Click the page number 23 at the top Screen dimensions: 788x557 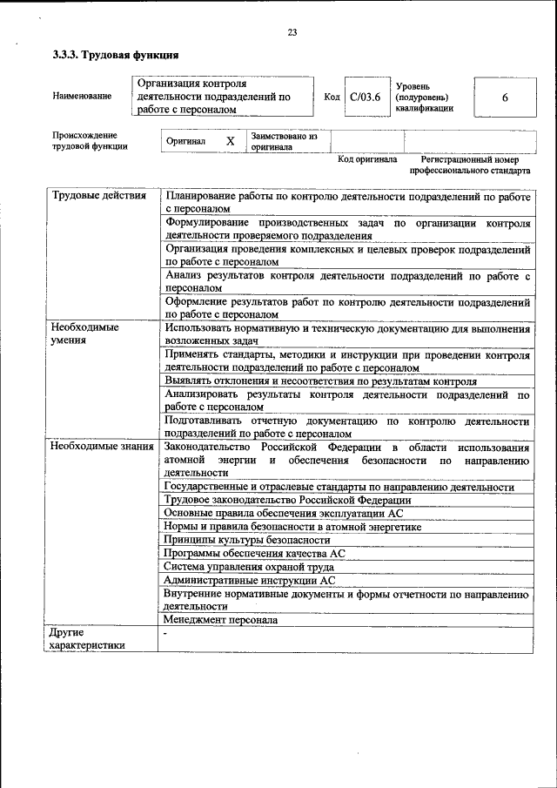pyautogui.click(x=292, y=33)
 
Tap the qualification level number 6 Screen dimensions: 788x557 pyautogui.click(x=505, y=98)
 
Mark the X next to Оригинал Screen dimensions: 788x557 pyautogui.click(x=230, y=141)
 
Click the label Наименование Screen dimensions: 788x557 pyautogui.click(x=82, y=96)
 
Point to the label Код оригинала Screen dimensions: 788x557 pyautogui.click(x=367, y=160)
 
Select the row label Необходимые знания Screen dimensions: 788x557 pyautogui.click(x=102, y=447)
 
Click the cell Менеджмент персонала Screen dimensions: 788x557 pyautogui.click(x=221, y=620)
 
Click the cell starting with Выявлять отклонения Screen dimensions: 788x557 pyautogui.click(x=319, y=381)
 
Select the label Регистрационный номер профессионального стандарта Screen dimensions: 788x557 pyautogui.click(x=470, y=165)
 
